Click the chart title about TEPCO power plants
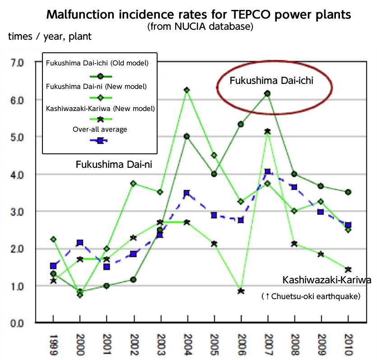click(x=199, y=14)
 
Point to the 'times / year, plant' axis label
click(x=50, y=37)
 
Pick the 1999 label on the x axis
click(x=54, y=344)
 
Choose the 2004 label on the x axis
click(x=186, y=344)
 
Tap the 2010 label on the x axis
click(x=348, y=344)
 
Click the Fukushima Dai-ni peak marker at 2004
click(x=186, y=90)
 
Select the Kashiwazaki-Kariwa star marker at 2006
click(x=241, y=291)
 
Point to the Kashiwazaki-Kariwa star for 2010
click(x=348, y=269)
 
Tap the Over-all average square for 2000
click(x=80, y=243)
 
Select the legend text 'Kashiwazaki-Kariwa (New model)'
click(x=101, y=108)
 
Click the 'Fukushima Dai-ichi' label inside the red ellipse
click(x=271, y=81)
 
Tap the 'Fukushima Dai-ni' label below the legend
click(x=113, y=164)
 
